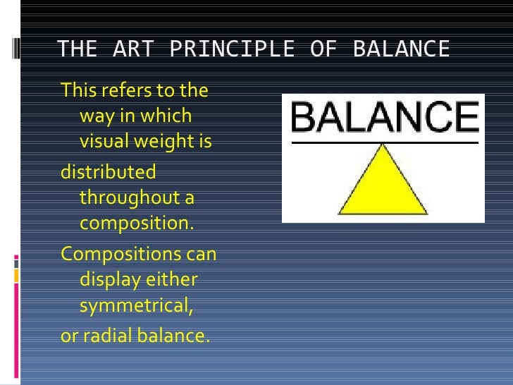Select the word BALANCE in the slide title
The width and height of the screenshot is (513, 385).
(400, 49)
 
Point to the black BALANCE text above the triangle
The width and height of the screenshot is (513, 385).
(384, 118)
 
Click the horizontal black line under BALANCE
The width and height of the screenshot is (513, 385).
(384, 142)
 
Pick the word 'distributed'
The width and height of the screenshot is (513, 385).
(109, 172)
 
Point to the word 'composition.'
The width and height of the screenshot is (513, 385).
(136, 224)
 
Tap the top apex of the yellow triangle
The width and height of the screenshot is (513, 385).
(383, 145)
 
